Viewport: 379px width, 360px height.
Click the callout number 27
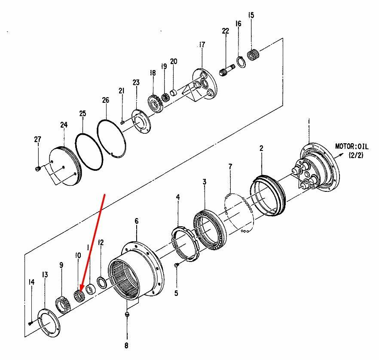37,139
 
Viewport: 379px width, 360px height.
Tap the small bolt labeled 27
37,169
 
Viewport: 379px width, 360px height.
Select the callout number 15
251,15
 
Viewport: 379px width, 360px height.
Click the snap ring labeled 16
241,62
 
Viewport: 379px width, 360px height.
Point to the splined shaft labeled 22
227,70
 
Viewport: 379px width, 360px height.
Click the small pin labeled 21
122,123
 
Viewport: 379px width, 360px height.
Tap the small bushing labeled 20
174,92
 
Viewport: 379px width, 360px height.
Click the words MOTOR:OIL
351,146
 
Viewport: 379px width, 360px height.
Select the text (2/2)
356,155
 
